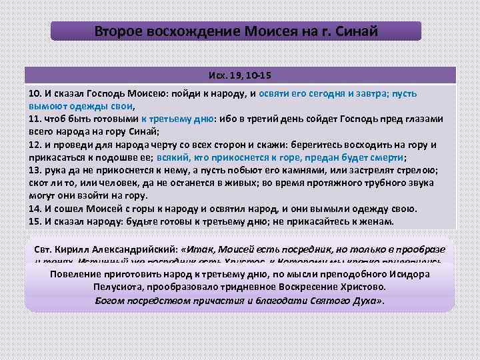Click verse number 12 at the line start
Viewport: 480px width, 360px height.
pyautogui.click(x=34, y=145)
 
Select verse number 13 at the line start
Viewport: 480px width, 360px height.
pyautogui.click(x=34, y=171)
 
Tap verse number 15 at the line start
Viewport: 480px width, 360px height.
pyautogui.click(x=34, y=221)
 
